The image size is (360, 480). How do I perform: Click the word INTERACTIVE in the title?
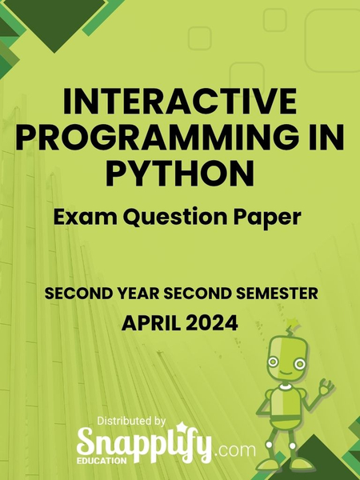click(x=179, y=104)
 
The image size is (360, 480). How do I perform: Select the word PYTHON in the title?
click(x=179, y=171)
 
